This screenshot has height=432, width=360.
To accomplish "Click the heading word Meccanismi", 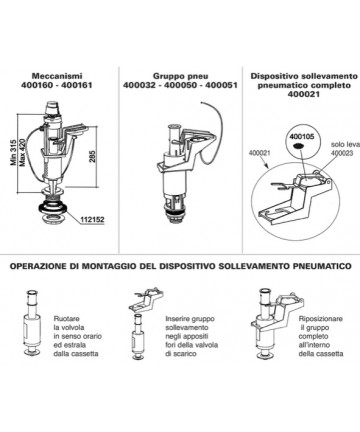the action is (x=57, y=76).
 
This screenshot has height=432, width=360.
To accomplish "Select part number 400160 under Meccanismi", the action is (x=37, y=85).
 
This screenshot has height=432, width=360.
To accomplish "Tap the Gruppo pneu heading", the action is (x=180, y=76).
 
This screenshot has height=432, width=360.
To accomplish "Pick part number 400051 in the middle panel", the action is (x=221, y=85).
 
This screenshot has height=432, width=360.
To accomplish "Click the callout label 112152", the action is (x=92, y=220).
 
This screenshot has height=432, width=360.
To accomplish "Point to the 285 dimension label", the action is (x=93, y=157).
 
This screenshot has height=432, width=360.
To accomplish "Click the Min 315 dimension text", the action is (x=14, y=152).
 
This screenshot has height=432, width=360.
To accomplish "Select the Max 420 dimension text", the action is (x=23, y=153).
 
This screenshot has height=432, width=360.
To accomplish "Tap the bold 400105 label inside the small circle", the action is (x=302, y=136).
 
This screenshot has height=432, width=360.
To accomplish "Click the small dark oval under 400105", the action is (x=298, y=146).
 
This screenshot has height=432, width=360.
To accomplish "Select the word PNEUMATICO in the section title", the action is (x=322, y=266).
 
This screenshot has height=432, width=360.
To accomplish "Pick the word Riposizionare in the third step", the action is (x=321, y=319).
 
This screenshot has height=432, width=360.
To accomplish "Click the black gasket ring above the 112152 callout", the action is (x=53, y=208).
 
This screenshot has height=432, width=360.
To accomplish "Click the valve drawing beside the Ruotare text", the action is (x=32, y=323).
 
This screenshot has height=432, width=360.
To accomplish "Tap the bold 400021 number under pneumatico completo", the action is (x=304, y=94).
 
